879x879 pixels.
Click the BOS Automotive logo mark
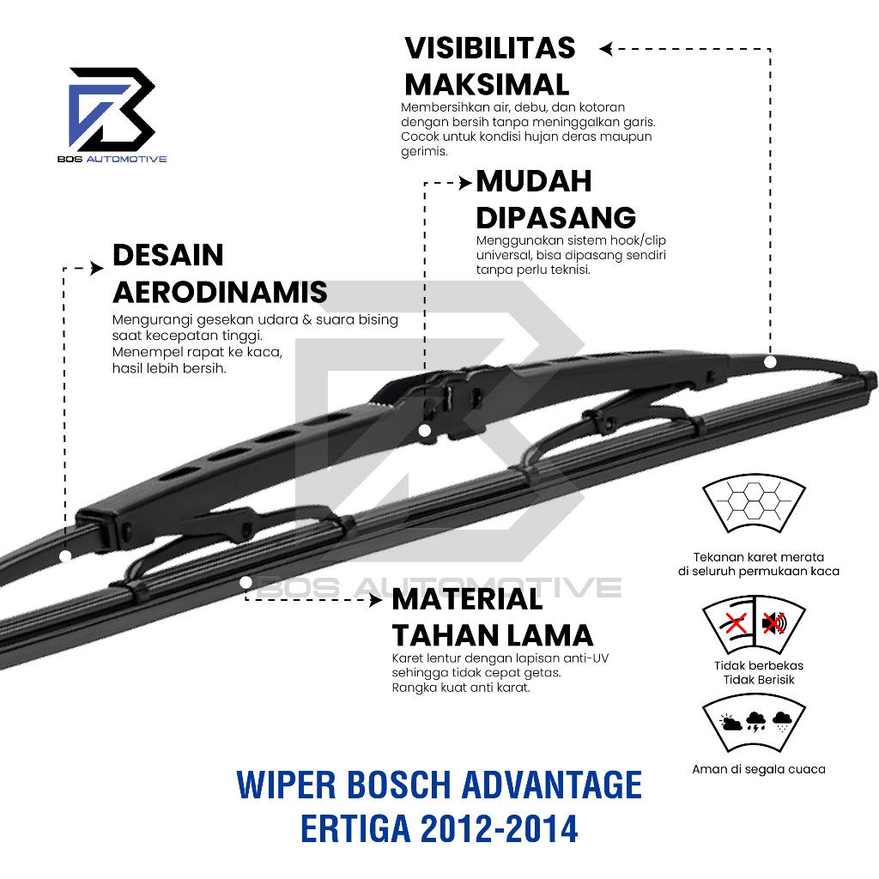[x=112, y=109]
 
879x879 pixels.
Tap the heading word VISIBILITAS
[x=490, y=48]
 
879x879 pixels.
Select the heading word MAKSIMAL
[x=487, y=84]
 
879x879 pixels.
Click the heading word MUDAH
[x=534, y=181]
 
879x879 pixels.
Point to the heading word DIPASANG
[x=556, y=217]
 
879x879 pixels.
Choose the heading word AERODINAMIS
[x=220, y=292]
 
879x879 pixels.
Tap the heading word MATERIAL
[x=468, y=598]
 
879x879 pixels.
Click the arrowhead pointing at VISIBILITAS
[x=605, y=49]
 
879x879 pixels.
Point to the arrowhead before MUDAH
[x=466, y=182]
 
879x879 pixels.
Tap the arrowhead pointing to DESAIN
[x=100, y=269]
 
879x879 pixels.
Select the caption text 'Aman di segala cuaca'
[x=759, y=769]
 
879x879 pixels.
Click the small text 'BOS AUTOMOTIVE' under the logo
[x=118, y=159]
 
